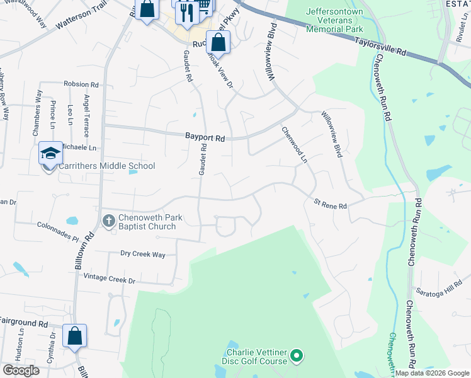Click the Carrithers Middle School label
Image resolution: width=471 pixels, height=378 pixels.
106,166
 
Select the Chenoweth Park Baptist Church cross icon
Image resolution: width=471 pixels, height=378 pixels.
108,220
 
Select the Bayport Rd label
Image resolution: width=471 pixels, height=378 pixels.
205,137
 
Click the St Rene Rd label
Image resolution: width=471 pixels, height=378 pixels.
330,205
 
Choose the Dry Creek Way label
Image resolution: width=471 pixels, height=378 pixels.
142,254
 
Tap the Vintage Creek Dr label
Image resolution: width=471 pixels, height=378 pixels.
110,278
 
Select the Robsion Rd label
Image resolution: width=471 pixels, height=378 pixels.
81,84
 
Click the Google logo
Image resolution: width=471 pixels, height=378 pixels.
21,370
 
